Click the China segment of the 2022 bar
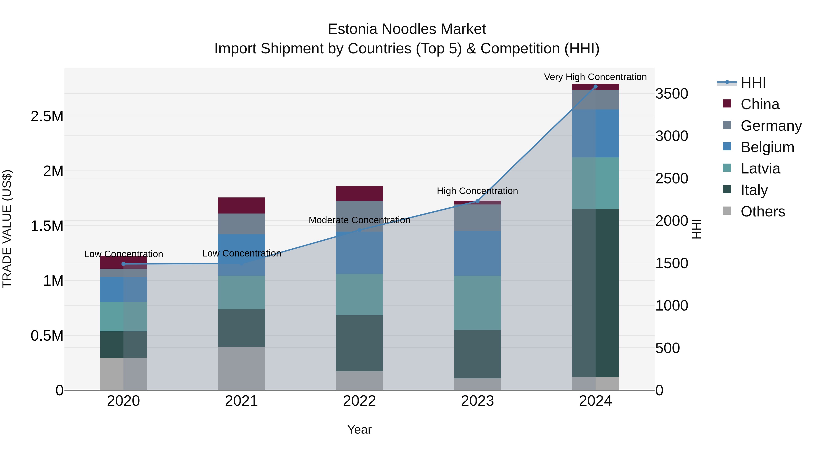coord(359,193)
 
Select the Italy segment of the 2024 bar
coord(595,293)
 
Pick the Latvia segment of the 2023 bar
coord(477,303)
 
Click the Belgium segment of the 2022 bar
coord(359,253)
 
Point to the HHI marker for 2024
coord(595,87)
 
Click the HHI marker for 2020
coord(123,264)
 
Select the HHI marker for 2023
coord(477,201)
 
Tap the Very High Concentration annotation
coord(595,77)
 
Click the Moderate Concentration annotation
coord(359,220)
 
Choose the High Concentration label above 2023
coord(477,191)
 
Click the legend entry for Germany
coord(771,126)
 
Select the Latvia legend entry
coord(760,168)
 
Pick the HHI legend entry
coord(753,83)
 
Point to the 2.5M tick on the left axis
coord(47,116)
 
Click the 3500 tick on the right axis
coord(672,94)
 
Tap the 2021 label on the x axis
coord(241,401)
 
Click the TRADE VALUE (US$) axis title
coord(7,229)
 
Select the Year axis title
coord(359,430)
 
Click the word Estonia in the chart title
coord(353,29)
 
